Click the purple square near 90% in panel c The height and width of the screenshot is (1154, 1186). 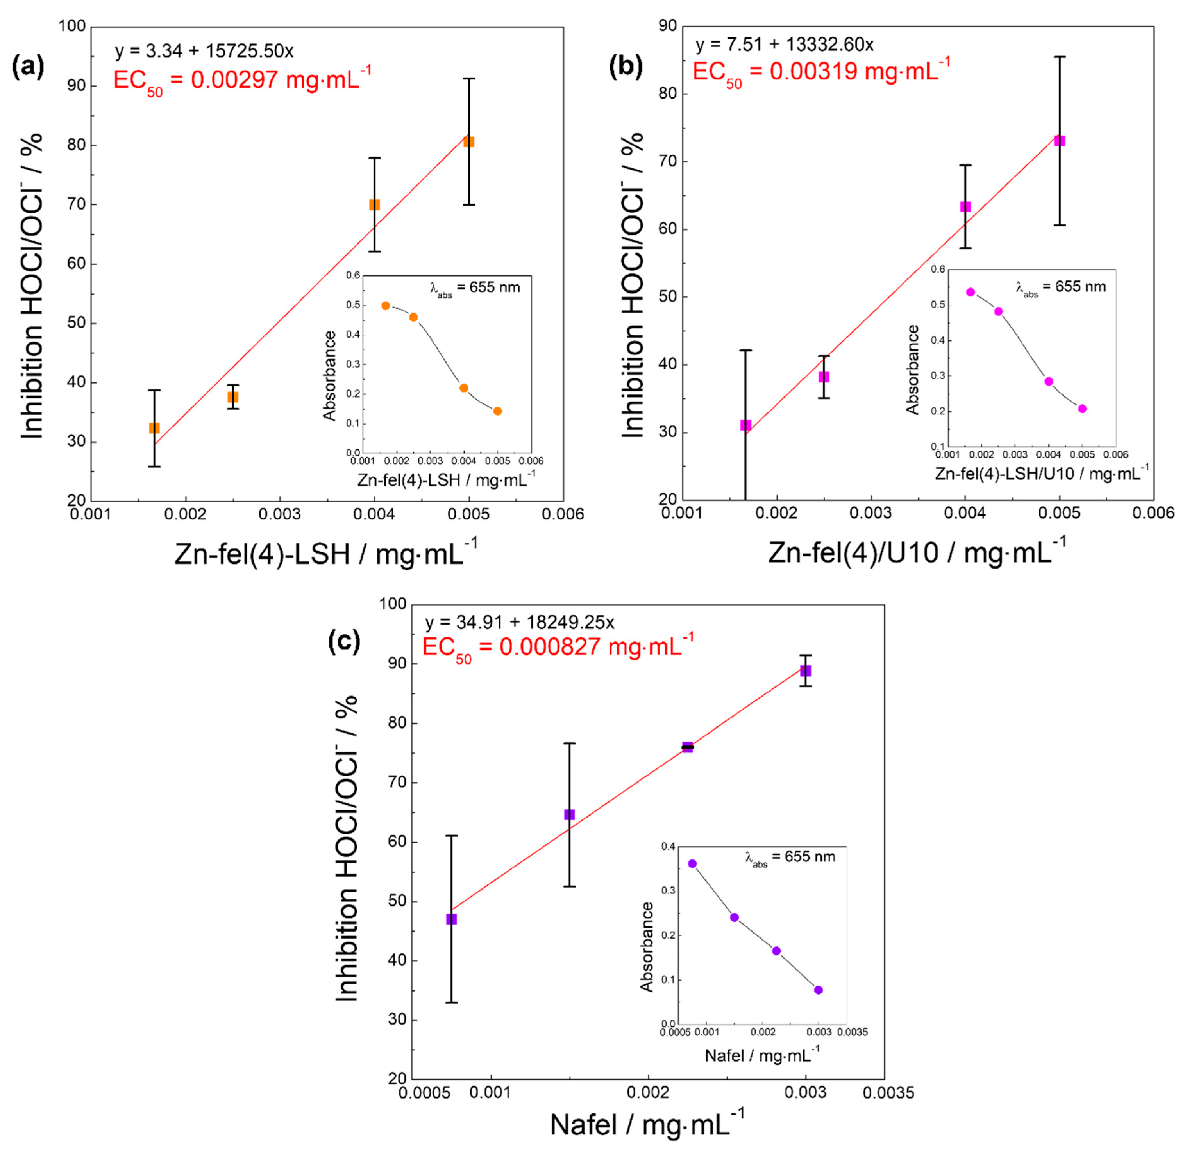tap(805, 671)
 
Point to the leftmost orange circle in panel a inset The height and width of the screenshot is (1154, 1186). tap(386, 305)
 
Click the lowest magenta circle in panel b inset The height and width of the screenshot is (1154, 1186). tap(1082, 409)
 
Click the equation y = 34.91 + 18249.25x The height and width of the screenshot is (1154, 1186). tap(520, 622)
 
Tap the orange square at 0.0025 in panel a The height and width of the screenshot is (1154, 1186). tap(233, 397)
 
